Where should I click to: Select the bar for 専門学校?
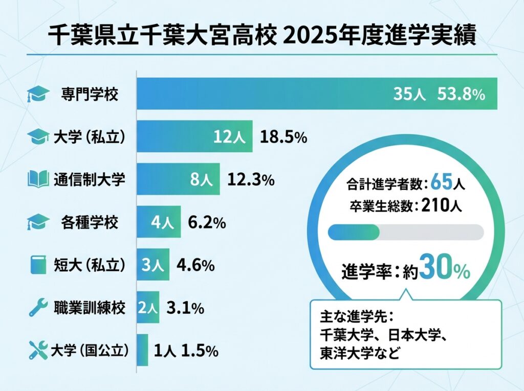point(317,94)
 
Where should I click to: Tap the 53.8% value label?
point(461,94)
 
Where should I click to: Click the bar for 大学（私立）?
point(195,136)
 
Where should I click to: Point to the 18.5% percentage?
point(283,136)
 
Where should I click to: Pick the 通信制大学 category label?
point(89,180)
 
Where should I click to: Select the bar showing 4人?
point(159,223)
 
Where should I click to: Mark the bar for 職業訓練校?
point(148,308)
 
